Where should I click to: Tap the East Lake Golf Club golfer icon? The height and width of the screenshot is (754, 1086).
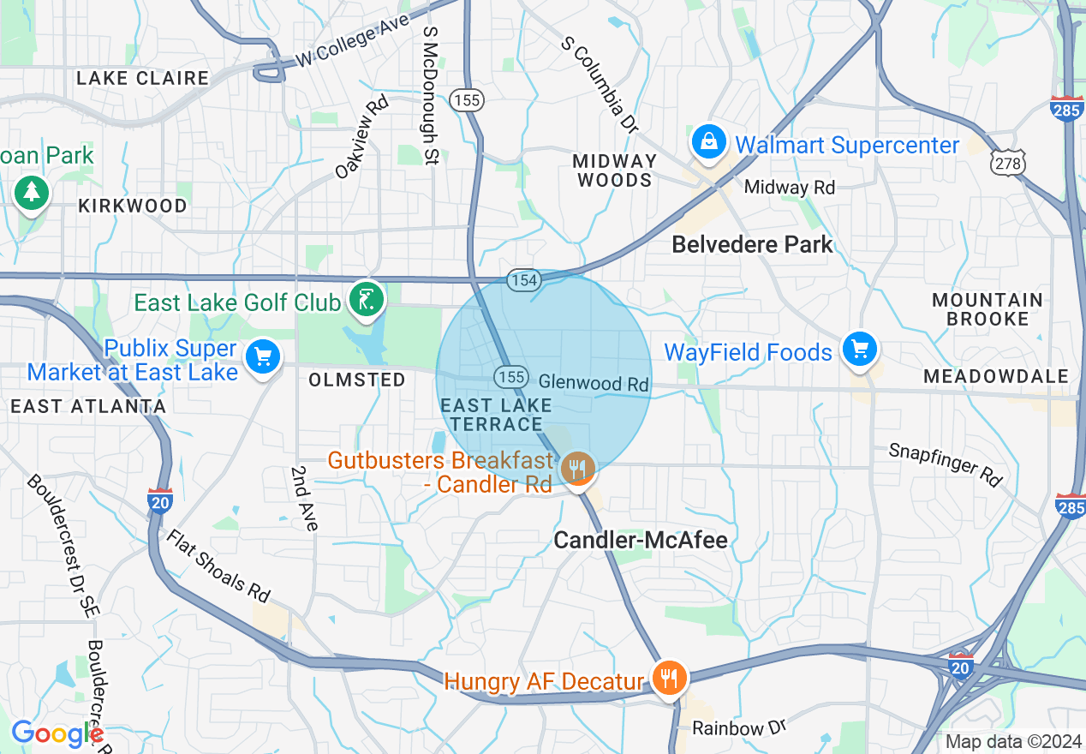(x=367, y=299)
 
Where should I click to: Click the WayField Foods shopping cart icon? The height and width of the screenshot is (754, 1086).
(x=859, y=349)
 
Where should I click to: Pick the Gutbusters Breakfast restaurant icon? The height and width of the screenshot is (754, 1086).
(x=578, y=469)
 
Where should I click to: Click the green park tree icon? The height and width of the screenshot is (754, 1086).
(x=32, y=191)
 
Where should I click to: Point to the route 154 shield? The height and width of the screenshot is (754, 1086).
(x=522, y=280)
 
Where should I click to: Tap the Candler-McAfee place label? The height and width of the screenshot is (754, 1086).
(x=641, y=540)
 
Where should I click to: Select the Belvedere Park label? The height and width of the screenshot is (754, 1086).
(x=752, y=244)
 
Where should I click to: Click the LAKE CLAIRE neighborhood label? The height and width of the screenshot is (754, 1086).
(x=142, y=78)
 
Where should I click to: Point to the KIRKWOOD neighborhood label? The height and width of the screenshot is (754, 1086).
(x=132, y=206)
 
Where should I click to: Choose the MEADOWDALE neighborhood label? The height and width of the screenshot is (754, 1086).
(x=996, y=376)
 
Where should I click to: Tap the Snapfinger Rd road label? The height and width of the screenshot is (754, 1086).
(x=945, y=464)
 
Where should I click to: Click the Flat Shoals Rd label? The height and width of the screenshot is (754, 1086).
(x=218, y=565)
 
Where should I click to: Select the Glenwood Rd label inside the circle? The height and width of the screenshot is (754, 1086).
(x=594, y=383)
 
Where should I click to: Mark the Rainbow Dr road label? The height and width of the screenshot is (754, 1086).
(x=738, y=728)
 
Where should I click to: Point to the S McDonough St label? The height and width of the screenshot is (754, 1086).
(x=431, y=94)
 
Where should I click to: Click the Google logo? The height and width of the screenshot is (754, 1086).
(x=56, y=733)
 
